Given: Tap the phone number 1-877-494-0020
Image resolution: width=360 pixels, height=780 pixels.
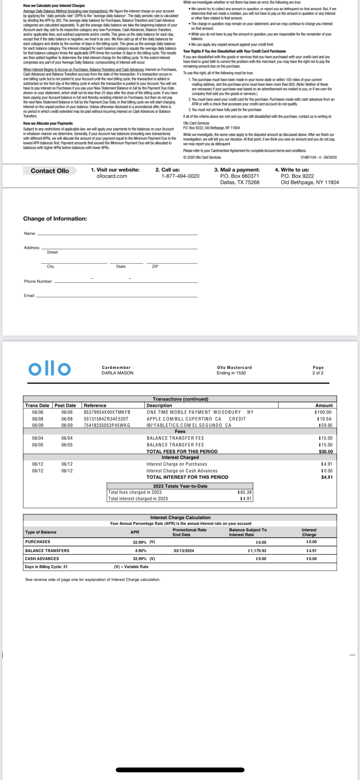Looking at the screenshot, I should (x=180, y=176).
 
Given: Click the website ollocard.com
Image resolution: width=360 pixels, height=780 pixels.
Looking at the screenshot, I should (x=112, y=176).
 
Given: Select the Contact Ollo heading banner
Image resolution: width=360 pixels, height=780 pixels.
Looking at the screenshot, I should (x=50, y=171).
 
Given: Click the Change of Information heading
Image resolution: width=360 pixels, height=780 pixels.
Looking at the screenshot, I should (x=55, y=219).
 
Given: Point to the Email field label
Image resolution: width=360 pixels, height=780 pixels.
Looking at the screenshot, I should (x=29, y=296).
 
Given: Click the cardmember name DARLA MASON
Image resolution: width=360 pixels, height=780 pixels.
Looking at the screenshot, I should (x=117, y=373).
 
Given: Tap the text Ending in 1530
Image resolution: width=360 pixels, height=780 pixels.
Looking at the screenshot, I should (x=231, y=373).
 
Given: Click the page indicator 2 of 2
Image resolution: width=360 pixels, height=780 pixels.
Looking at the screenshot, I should (x=318, y=373).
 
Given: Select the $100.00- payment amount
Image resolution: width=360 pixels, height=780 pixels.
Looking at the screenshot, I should (x=324, y=412).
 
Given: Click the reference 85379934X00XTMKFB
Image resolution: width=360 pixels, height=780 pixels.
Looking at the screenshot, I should (x=107, y=412).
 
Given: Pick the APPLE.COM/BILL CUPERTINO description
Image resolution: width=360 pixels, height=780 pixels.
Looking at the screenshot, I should (x=184, y=419).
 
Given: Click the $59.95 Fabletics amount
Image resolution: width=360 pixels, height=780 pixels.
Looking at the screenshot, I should (x=325, y=425).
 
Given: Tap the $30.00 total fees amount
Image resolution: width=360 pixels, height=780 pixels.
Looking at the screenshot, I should (x=326, y=451).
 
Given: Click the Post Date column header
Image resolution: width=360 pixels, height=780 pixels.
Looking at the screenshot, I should (x=65, y=405).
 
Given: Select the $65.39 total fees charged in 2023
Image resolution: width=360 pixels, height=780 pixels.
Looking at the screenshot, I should (x=244, y=492).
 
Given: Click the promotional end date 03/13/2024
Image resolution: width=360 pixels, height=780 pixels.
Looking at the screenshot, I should (x=184, y=551).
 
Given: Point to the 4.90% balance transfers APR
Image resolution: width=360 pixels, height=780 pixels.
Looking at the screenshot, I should (x=140, y=551).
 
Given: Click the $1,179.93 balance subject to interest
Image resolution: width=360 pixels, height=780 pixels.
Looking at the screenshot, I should (x=257, y=551).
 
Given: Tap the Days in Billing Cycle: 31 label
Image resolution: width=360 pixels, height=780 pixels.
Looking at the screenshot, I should (x=46, y=567).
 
